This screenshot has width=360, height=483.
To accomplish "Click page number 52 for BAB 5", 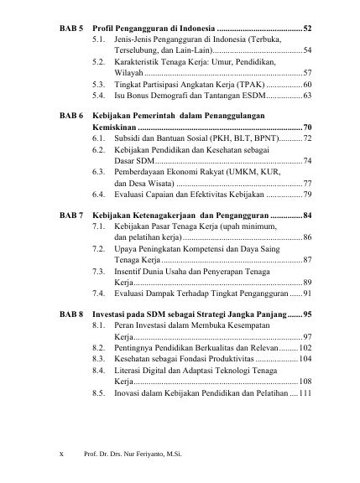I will click(x=308, y=29).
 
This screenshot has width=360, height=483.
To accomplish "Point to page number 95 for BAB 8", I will click(x=308, y=313).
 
